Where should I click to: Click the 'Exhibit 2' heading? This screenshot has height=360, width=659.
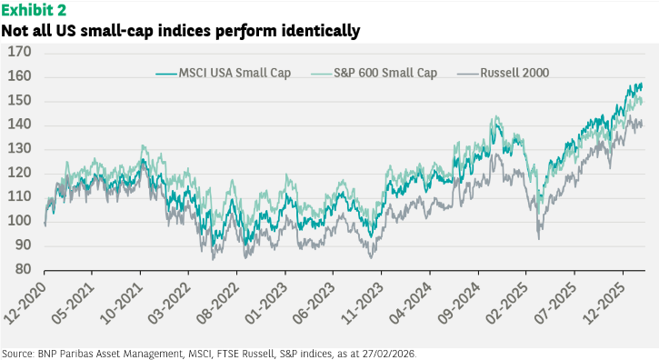34,9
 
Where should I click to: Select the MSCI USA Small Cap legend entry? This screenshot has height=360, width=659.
224,73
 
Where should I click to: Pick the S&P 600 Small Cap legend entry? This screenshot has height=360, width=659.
374,73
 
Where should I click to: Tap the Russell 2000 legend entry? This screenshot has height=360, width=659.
503,73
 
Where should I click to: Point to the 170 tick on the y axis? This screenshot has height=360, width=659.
20,52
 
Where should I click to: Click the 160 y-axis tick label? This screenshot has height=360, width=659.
20,76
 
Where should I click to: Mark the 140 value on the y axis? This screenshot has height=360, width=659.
20,125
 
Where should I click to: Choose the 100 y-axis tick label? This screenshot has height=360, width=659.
20,221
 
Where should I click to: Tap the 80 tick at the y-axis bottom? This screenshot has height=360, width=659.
23,269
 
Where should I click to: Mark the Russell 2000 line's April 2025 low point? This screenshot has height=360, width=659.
539,239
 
